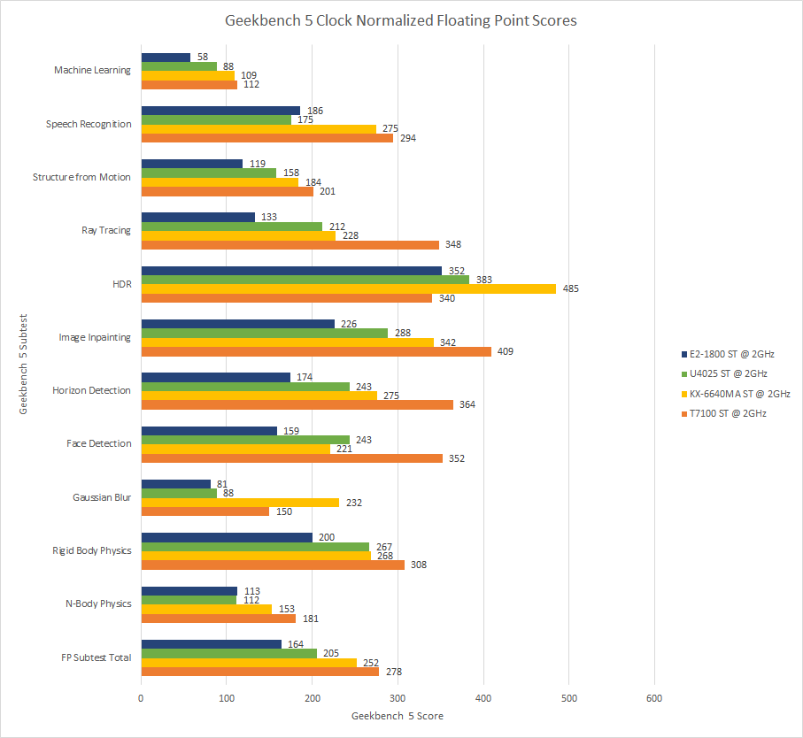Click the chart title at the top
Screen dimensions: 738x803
(x=401, y=20)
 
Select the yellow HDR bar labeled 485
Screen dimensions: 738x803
(x=348, y=288)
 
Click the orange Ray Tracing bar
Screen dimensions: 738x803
(x=290, y=244)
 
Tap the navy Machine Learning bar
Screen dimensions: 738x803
(x=166, y=58)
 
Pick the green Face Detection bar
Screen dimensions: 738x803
(x=245, y=440)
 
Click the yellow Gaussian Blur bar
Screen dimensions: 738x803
(x=240, y=503)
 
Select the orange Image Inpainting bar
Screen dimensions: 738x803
(x=316, y=351)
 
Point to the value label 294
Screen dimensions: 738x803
(x=407, y=138)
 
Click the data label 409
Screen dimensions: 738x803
(x=506, y=351)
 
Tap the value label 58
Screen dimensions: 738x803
(x=203, y=57)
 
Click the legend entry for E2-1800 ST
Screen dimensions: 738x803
(x=730, y=354)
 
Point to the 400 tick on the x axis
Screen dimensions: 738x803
(x=483, y=699)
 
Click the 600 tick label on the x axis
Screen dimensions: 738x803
(x=654, y=699)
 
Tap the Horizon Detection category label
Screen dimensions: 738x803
(x=92, y=390)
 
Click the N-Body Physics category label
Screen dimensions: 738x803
(x=99, y=603)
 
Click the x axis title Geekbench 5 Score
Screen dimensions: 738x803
(x=398, y=716)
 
